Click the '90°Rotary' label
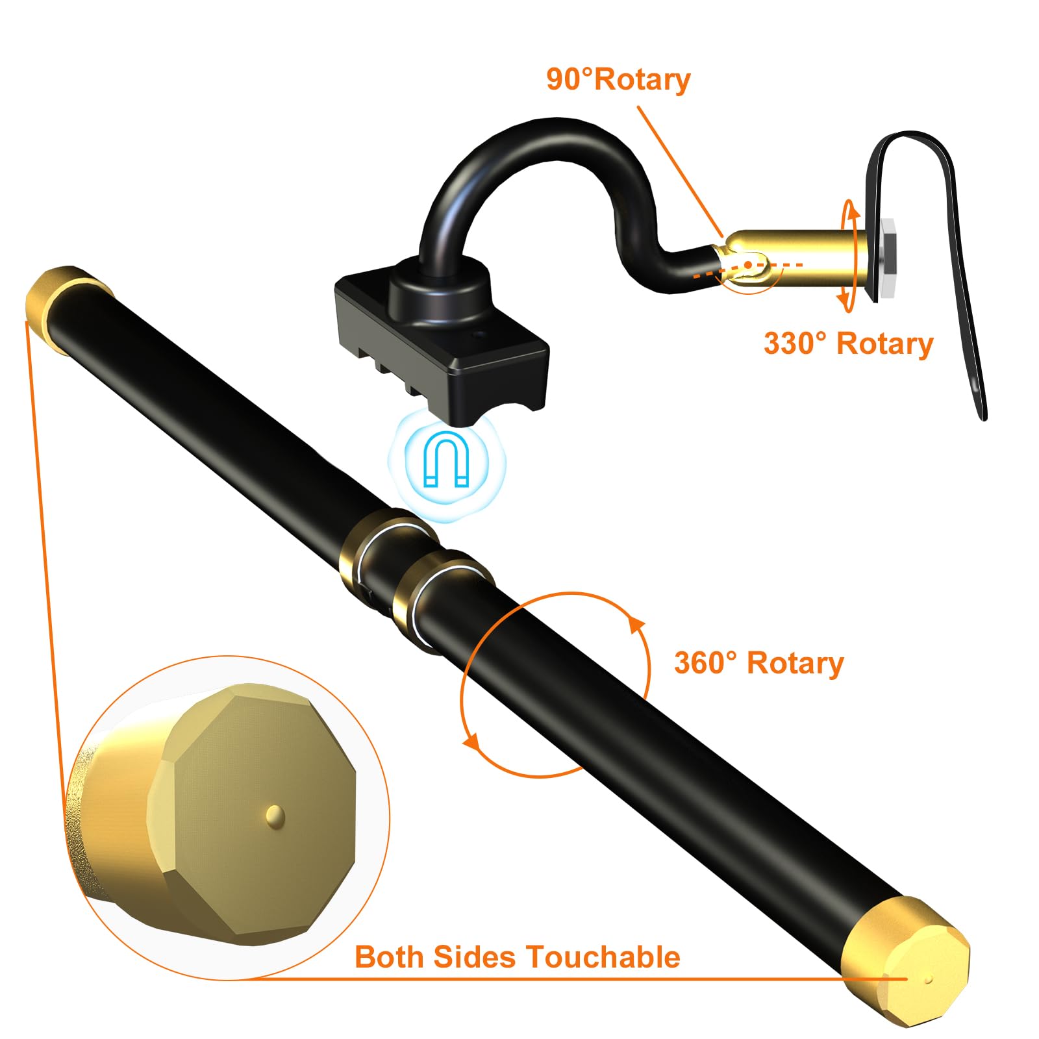pos(618,80)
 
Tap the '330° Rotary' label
pos(848,344)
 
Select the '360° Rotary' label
pos(759,663)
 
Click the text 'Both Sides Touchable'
pos(518,957)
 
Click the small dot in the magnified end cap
pos(275,815)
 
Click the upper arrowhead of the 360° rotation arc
pos(637,625)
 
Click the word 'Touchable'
pos(603,957)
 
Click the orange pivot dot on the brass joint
pos(749,265)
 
